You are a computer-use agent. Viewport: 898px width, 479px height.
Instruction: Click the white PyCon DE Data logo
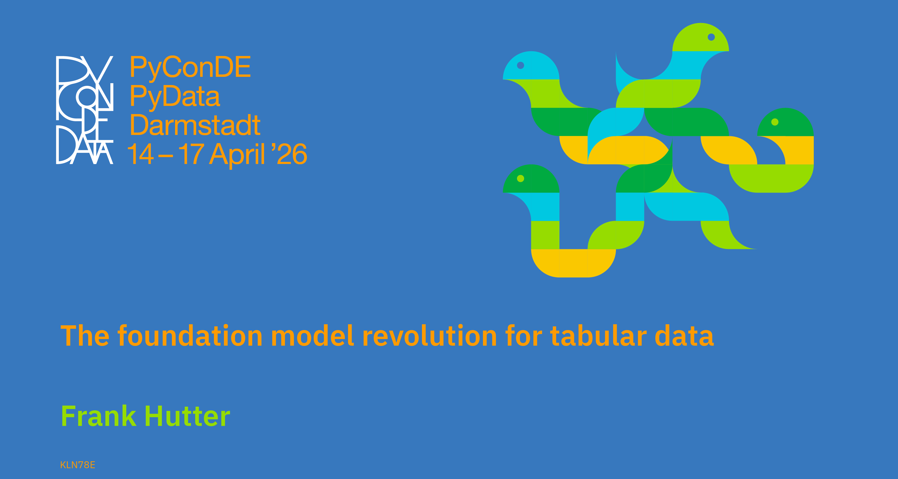(85, 110)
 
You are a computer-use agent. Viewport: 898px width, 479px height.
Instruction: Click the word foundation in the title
(190, 335)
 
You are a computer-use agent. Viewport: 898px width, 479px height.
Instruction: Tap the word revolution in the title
(430, 335)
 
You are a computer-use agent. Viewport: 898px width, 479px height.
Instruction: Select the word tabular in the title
(598, 335)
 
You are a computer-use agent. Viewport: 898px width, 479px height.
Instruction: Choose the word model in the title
(312, 335)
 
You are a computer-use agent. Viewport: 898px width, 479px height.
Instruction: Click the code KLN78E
(77, 465)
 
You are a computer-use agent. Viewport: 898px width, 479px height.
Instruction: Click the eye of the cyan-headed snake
(520, 65)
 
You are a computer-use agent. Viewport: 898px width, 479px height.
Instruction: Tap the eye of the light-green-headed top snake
(712, 37)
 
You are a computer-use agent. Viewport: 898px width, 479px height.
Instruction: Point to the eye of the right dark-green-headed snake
(775, 122)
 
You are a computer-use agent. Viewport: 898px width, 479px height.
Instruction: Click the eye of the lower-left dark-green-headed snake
(520, 179)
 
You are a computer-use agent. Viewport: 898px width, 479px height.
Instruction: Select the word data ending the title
(684, 335)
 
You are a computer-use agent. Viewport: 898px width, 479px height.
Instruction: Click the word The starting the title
(85, 335)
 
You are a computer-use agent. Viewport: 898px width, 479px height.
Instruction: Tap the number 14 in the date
(140, 154)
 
